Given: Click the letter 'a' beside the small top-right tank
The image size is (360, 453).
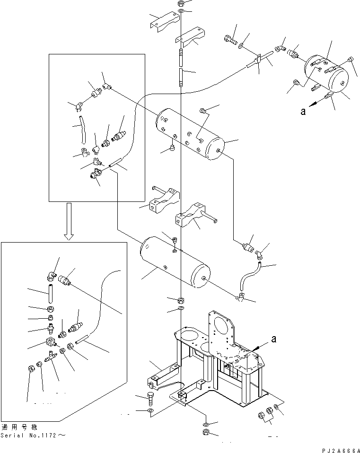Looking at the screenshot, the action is point(303,111).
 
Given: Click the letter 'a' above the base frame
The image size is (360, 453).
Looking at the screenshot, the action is point(273,339).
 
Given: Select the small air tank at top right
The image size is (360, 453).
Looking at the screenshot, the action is point(326,74).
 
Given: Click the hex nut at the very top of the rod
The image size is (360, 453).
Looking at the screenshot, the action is point(180,3).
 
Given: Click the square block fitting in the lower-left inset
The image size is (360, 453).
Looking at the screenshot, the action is point(50,341).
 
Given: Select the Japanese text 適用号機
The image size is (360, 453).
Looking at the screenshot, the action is point(19,427).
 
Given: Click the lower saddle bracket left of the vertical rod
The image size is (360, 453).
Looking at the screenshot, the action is point(164,200).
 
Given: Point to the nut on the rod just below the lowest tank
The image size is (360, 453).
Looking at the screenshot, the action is point(180,300).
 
